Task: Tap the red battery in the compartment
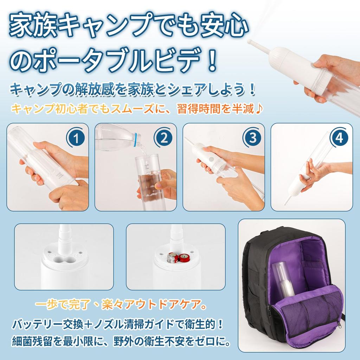coord(184,258)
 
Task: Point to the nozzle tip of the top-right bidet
coord(250,41)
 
